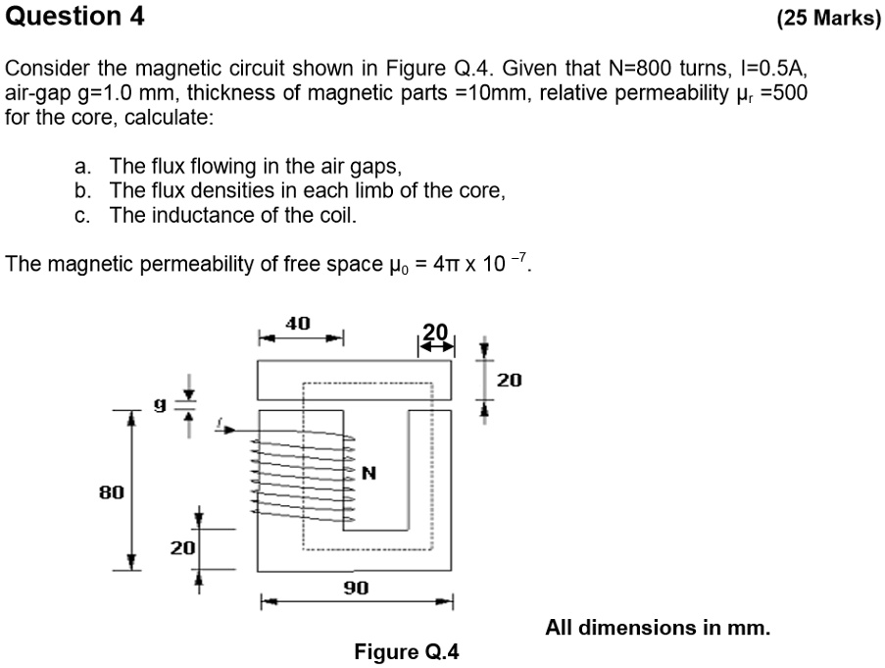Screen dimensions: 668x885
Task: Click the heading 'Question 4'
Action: (74, 17)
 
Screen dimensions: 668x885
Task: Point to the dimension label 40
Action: (298, 323)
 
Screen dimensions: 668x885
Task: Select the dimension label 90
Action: (356, 588)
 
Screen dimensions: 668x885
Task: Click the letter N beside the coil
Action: (369, 474)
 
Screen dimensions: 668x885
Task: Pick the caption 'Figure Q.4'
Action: (406, 652)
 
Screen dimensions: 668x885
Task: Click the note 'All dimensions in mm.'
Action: (658, 627)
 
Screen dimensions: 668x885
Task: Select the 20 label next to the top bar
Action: (511, 380)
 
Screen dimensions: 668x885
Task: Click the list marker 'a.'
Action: (83, 166)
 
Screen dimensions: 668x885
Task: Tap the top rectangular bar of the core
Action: (355, 379)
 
